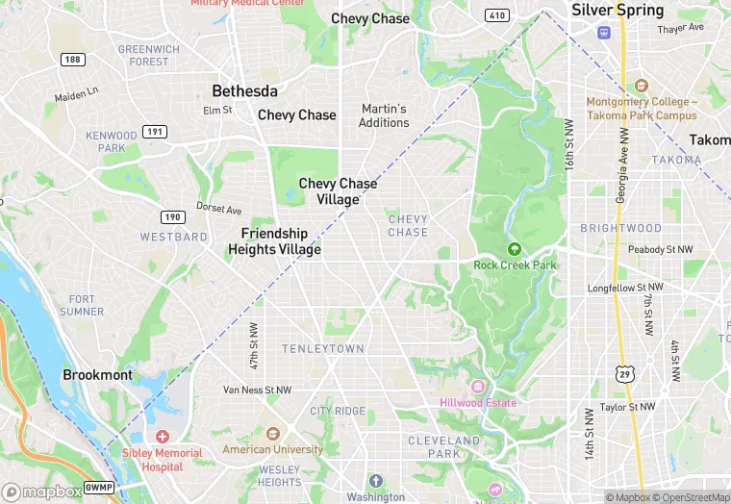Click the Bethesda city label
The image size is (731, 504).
pos(244,91)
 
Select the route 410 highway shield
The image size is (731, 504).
pos(497,14)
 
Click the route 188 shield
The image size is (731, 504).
pos(70,59)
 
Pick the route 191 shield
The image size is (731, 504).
pos(154,131)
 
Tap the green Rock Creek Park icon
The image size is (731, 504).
pos(514,248)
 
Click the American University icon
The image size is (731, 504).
pos(273,434)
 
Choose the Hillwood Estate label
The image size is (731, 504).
pos(478,402)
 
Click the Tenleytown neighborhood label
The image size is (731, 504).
pos(322,347)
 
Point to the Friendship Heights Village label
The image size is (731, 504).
pos(274,241)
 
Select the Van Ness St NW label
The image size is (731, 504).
pos(257,390)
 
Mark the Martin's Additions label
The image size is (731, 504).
pos(384,115)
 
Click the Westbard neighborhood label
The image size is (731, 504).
pos(174,237)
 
